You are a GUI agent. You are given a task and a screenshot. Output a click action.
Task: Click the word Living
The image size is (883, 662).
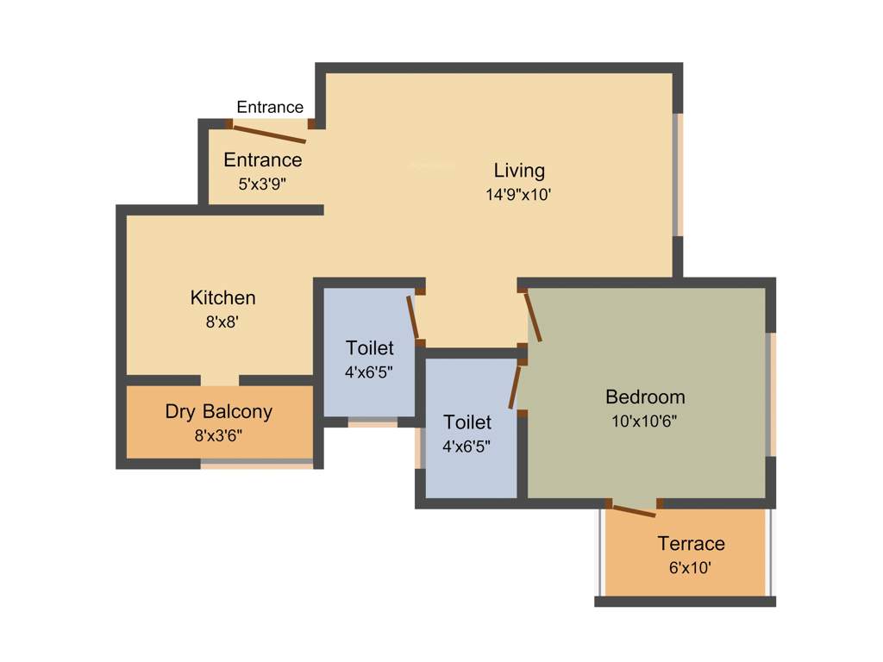pyautogui.click(x=519, y=170)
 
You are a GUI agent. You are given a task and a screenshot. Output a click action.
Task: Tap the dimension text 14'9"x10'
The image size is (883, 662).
pyautogui.click(x=518, y=195)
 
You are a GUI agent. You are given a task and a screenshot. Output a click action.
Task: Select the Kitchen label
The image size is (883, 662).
pyautogui.click(x=222, y=298)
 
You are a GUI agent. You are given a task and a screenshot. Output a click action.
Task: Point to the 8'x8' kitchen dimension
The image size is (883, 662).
pyautogui.click(x=222, y=322)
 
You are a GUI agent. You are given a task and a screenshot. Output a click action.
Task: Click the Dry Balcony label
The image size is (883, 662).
pyautogui.click(x=218, y=412)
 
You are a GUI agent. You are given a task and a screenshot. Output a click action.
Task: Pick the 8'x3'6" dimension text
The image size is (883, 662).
pyautogui.click(x=218, y=436)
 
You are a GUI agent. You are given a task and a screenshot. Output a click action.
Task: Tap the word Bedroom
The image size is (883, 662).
pyautogui.click(x=645, y=397)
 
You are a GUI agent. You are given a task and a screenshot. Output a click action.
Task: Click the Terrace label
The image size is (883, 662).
pyautogui.click(x=691, y=544)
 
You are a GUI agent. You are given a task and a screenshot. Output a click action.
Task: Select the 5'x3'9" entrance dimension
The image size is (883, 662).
pyautogui.click(x=263, y=184)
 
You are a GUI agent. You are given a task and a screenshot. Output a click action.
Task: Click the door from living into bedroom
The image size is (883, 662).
pyautogui.click(x=533, y=316)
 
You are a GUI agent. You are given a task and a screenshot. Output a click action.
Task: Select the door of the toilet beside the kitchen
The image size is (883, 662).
pyautogui.click(x=413, y=316)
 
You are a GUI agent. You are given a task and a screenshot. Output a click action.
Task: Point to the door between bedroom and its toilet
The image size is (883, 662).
pyautogui.click(x=516, y=385)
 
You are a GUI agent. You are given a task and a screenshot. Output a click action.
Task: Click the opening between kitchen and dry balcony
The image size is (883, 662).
pyautogui.click(x=220, y=380)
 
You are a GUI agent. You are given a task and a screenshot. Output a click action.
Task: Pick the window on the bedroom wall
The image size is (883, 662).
pyautogui.click(x=771, y=394)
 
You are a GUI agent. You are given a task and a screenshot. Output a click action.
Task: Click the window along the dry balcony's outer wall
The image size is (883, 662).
pyautogui.click(x=257, y=465)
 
